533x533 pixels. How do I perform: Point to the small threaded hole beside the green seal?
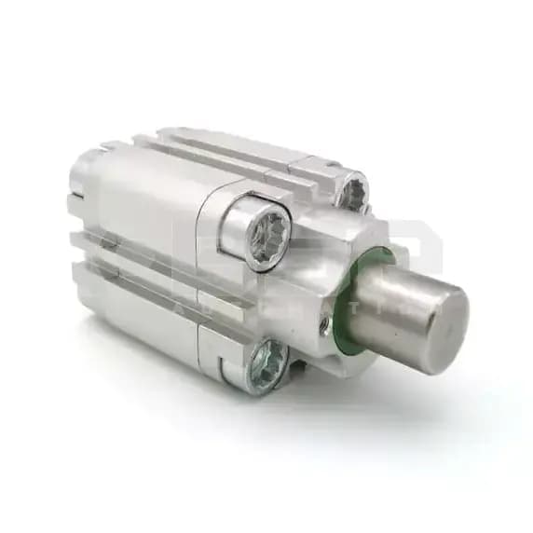(323, 323)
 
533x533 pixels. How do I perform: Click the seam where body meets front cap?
(207, 280)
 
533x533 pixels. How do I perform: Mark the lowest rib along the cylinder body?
(140, 307)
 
